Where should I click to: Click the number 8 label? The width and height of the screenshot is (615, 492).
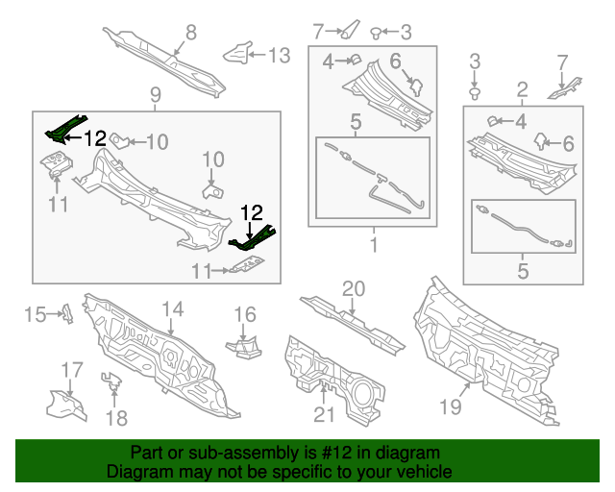click(190, 33)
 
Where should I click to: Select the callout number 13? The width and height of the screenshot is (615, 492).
click(278, 56)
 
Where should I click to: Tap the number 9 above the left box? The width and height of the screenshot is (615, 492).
click(155, 94)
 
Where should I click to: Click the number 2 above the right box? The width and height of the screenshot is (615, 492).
click(523, 91)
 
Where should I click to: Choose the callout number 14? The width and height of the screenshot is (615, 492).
click(172, 309)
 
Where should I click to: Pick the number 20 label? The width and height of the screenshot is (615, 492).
click(354, 288)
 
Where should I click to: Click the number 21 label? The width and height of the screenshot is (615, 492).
click(324, 414)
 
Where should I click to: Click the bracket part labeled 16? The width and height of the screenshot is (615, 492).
click(244, 344)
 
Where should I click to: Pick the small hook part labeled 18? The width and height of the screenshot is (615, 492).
click(112, 383)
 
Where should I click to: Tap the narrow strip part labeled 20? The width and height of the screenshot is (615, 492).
click(354, 323)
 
